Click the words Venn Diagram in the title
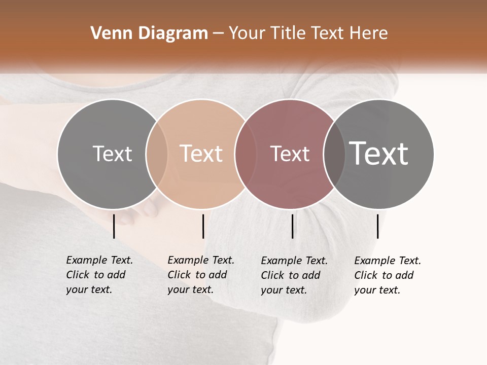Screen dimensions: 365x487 (x=149, y=33)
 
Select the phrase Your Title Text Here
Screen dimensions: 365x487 (x=308, y=33)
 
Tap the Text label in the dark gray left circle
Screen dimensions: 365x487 (x=112, y=154)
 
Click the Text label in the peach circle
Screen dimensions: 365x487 (x=201, y=154)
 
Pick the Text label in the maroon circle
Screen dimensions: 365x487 (x=290, y=154)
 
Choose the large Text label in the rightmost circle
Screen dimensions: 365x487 (x=378, y=153)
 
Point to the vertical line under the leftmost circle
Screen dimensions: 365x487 (x=114, y=226)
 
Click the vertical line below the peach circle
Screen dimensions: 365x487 (x=203, y=226)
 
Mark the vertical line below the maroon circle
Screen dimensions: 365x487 (x=292, y=226)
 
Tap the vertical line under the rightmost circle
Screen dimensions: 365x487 (x=377, y=226)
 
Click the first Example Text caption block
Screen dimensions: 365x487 (x=99, y=275)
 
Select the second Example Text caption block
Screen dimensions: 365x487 (x=200, y=275)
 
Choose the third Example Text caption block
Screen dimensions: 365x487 (x=294, y=275)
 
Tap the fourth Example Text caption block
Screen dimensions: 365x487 (x=387, y=275)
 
